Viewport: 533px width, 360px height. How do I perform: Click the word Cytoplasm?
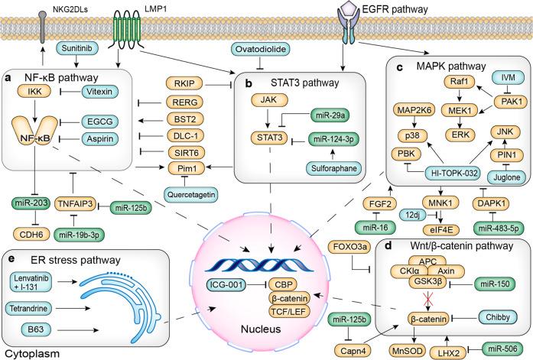pos(28,354)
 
